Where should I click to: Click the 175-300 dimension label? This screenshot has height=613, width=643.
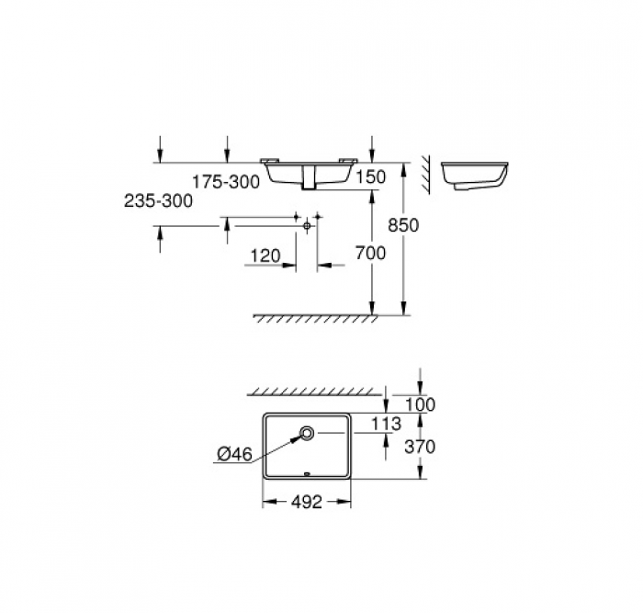pyautogui.click(x=226, y=183)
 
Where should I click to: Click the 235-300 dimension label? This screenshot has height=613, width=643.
pyautogui.click(x=158, y=201)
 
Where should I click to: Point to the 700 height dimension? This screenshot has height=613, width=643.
pyautogui.click(x=370, y=255)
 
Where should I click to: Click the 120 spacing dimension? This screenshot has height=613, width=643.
pyautogui.click(x=265, y=256)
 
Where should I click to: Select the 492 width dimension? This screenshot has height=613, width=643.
pyautogui.click(x=307, y=504)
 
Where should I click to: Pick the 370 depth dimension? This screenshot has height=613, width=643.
pyautogui.click(x=419, y=447)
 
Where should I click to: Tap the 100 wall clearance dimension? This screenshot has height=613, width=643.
pyautogui.click(x=419, y=404)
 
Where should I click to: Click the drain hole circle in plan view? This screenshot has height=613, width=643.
pyautogui.click(x=307, y=433)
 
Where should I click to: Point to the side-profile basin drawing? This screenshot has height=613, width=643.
pyautogui.click(x=475, y=177)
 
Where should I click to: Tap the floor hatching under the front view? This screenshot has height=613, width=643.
pyautogui.click(x=313, y=318)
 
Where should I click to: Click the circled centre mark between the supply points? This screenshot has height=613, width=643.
pyautogui.click(x=307, y=222)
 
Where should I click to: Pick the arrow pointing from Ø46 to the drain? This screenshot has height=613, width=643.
pyautogui.click(x=280, y=445)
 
